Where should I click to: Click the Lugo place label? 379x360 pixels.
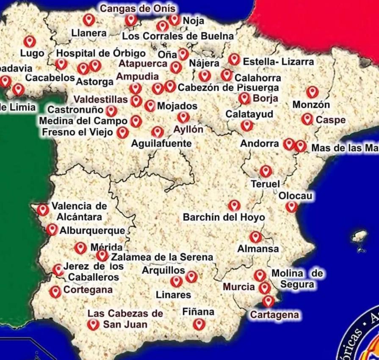tap(32, 54)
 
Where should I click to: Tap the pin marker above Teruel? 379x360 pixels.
tap(266, 171)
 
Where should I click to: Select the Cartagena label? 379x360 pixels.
tap(274, 315)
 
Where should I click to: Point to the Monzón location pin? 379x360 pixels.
tap(312, 92)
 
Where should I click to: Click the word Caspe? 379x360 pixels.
tap(331, 120)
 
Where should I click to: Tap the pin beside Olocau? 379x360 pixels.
tap(291, 206)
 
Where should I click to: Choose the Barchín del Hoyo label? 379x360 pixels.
tap(224, 217)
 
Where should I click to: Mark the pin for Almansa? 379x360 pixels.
tap(255, 237)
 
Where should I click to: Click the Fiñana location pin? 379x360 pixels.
tap(199, 324)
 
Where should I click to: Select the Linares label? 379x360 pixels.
tap(173, 294)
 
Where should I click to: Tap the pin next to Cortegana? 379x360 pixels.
tap(55, 291)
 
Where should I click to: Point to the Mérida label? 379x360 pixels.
tap(106, 247)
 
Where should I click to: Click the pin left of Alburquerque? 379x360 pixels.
tap(52, 229)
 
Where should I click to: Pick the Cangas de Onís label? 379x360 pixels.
tap(138, 8)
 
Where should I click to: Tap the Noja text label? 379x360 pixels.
tap(194, 20)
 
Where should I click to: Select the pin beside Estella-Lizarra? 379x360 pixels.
tap(234, 59)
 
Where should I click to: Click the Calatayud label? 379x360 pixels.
tap(249, 114)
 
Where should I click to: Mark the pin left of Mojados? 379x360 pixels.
tap(149, 106)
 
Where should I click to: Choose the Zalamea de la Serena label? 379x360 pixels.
tap(162, 257)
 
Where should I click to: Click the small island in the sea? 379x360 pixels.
tap(360, 237)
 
